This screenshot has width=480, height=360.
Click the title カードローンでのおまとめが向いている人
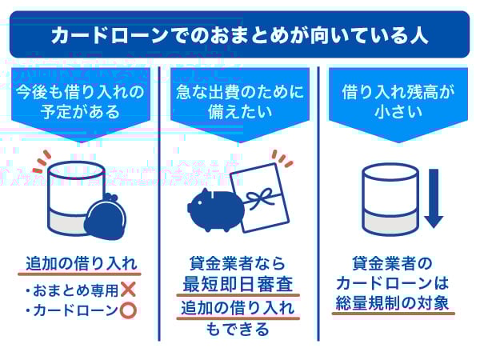[239, 35]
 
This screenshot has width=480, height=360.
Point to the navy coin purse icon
[107, 218]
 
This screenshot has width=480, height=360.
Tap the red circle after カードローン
[127, 310]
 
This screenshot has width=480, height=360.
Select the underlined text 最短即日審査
[239, 284]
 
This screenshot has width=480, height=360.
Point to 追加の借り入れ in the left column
[82, 263]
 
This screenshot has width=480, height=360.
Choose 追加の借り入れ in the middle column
[239, 308]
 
